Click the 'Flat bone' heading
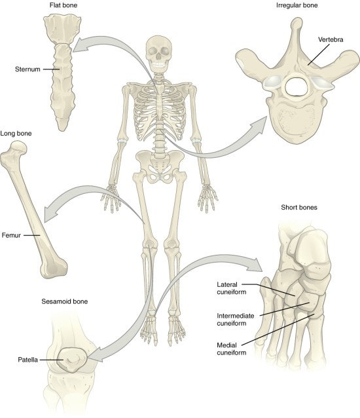[63, 5]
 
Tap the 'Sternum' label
[27, 69]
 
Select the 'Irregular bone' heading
[297, 5]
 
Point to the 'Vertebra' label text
[331, 40]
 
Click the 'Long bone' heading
[16, 133]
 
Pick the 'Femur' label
[11, 235]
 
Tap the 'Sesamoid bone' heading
[65, 301]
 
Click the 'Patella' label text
[27, 360]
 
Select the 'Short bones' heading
[299, 208]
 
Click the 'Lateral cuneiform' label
[232, 288]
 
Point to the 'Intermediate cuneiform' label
[236, 320]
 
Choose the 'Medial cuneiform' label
[232, 349]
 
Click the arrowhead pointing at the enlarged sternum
[80, 45]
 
